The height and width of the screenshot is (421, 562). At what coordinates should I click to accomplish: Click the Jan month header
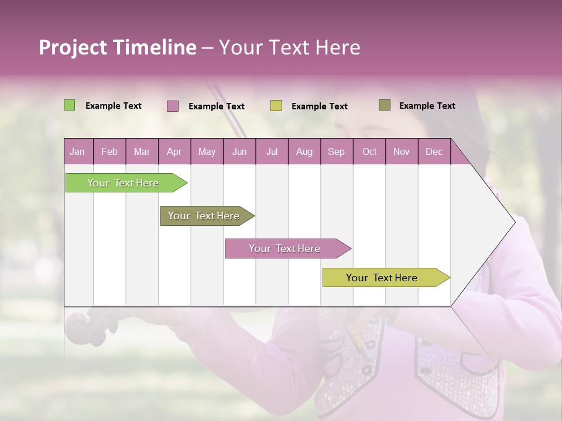[77, 151]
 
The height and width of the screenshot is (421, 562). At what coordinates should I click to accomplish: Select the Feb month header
[109, 151]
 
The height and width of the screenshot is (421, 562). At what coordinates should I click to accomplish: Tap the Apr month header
[174, 151]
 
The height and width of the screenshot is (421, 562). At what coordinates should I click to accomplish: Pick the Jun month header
[239, 151]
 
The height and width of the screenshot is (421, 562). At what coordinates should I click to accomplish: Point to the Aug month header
[304, 151]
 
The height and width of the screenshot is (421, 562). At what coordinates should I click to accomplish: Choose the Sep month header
[336, 151]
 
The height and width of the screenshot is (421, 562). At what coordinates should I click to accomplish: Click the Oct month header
[369, 151]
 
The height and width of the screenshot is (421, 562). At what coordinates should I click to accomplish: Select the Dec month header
[434, 151]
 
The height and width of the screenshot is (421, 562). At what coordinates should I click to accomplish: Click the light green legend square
[69, 105]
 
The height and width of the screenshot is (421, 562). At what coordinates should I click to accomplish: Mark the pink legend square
[173, 106]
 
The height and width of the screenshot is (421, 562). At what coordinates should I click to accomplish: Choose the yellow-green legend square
[276, 106]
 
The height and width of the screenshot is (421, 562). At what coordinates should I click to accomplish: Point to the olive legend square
[384, 105]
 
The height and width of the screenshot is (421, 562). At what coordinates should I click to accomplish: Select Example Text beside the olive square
[427, 106]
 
